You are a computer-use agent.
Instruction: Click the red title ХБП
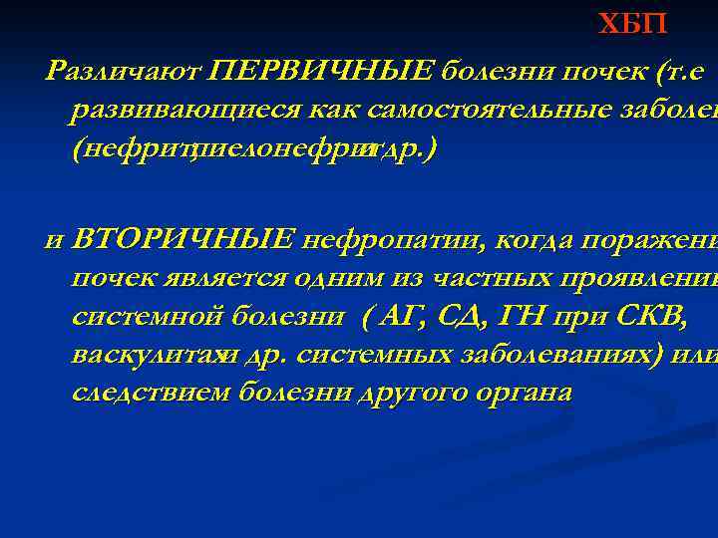click(632, 24)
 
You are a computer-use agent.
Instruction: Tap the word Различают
click(125, 70)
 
